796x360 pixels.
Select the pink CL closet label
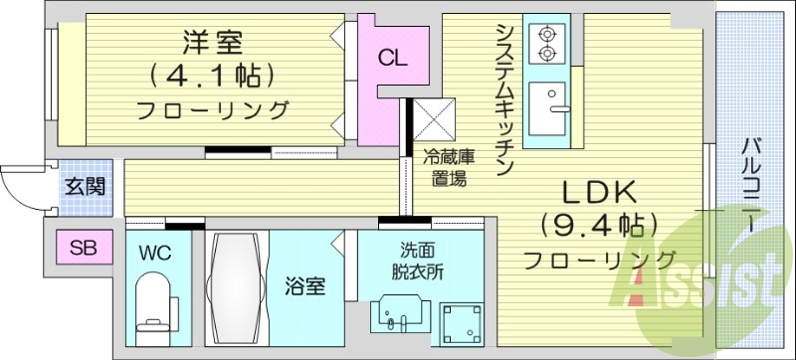391,58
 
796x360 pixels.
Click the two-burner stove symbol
545,41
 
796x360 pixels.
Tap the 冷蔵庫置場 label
446,167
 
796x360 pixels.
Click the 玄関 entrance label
82,186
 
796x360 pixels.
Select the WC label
155,254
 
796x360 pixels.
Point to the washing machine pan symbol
459,321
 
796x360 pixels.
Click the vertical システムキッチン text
503,99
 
